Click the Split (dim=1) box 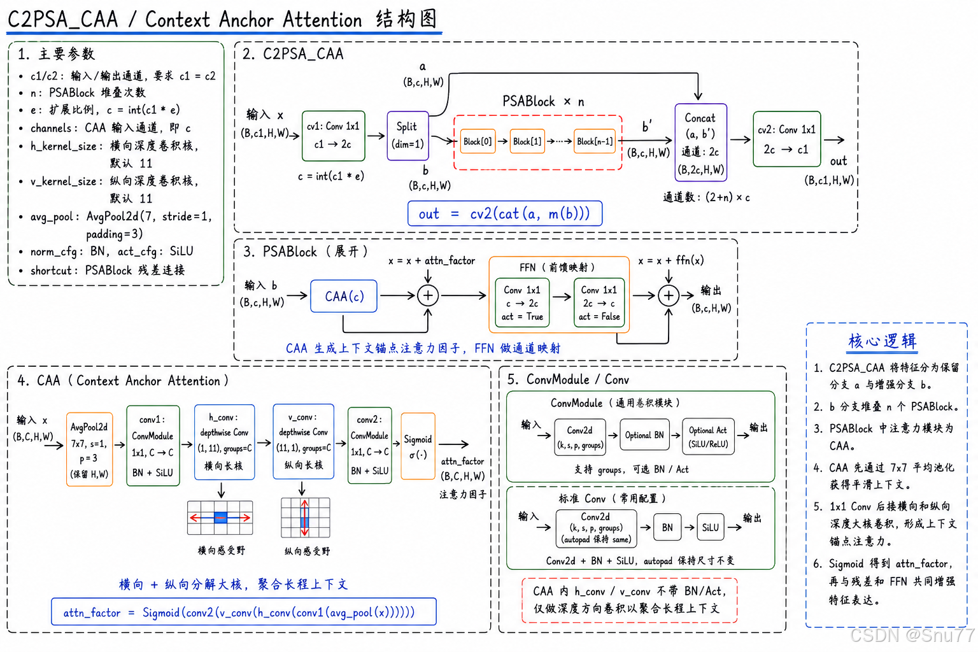[407, 136]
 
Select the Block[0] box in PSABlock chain [478, 141]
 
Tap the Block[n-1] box [595, 141]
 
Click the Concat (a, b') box [701, 143]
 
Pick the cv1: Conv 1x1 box [333, 136]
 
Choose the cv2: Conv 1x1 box [787, 139]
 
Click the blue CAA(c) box [344, 296]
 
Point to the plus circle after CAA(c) [428, 295]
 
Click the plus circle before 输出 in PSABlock [669, 295]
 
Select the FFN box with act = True [522, 302]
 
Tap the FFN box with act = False [599, 302]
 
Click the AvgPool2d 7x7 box [90, 450]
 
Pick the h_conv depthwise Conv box [224, 442]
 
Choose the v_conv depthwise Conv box [304, 441]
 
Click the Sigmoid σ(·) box [418, 446]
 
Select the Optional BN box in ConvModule [644, 434]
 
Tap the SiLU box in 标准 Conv [711, 527]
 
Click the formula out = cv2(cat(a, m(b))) [505, 213]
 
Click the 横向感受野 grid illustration [220, 518]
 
